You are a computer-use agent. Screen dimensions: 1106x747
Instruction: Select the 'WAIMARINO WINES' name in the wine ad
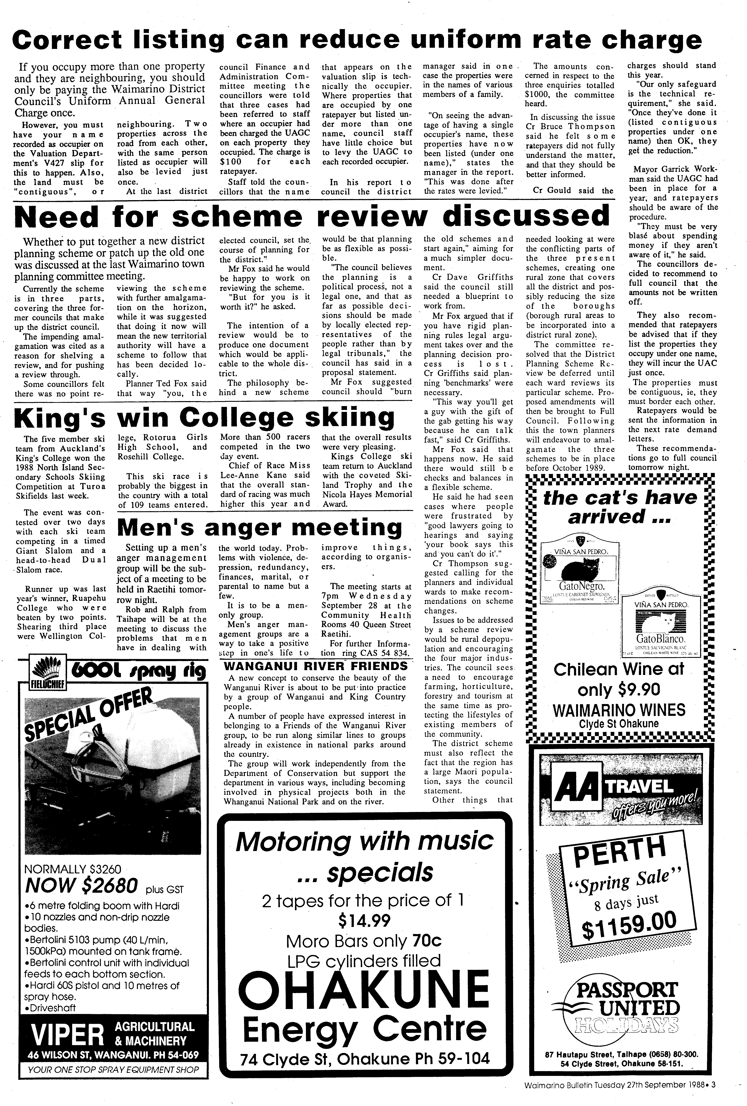tap(619, 711)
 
